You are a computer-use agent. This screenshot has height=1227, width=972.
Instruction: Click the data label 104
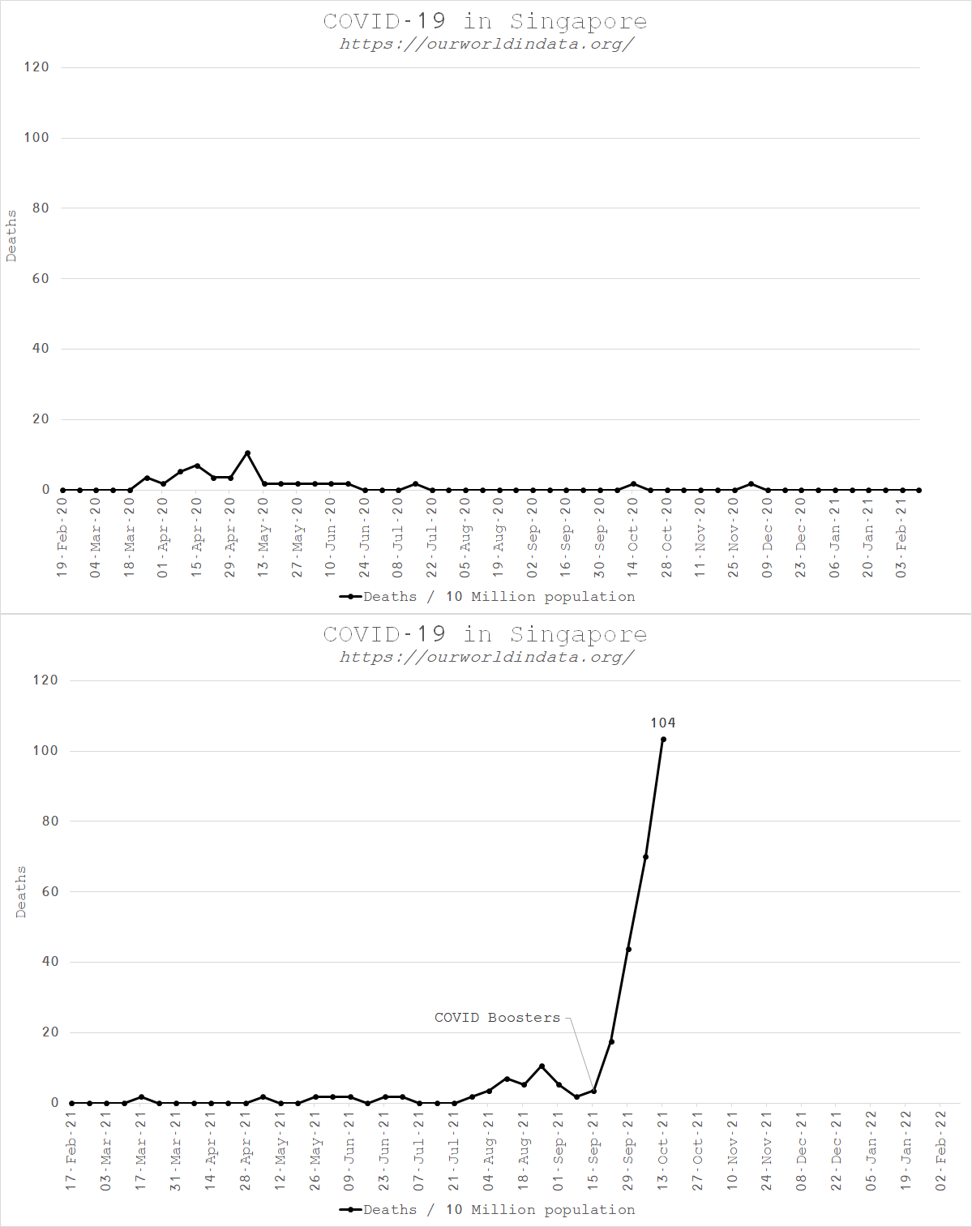tap(662, 723)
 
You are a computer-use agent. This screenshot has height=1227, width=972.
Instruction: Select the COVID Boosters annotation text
tap(497, 1018)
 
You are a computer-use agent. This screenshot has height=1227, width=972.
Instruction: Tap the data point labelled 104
tap(663, 739)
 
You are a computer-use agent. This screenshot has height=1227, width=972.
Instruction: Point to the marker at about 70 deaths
tap(645, 856)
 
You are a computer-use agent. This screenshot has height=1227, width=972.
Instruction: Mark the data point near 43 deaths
tap(628, 949)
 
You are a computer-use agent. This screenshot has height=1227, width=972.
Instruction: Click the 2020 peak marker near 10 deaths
tap(247, 453)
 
